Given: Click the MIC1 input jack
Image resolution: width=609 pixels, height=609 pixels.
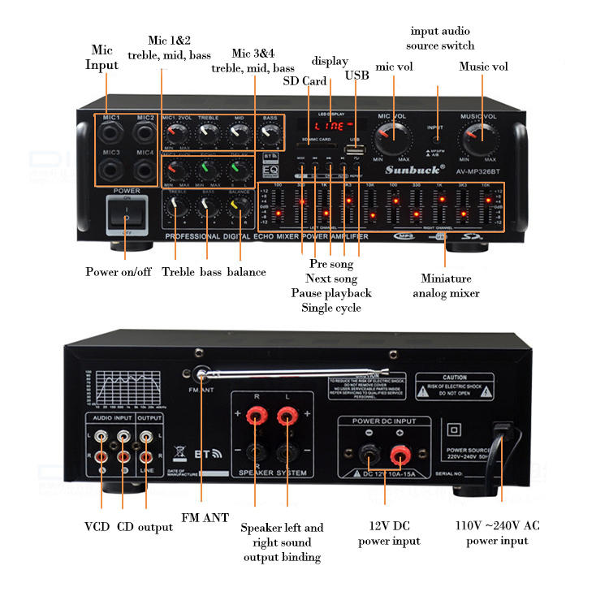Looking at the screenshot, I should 112,134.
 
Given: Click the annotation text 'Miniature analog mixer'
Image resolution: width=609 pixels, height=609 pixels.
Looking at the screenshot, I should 446,286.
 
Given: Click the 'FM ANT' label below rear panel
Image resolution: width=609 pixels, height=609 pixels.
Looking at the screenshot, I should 204,517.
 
